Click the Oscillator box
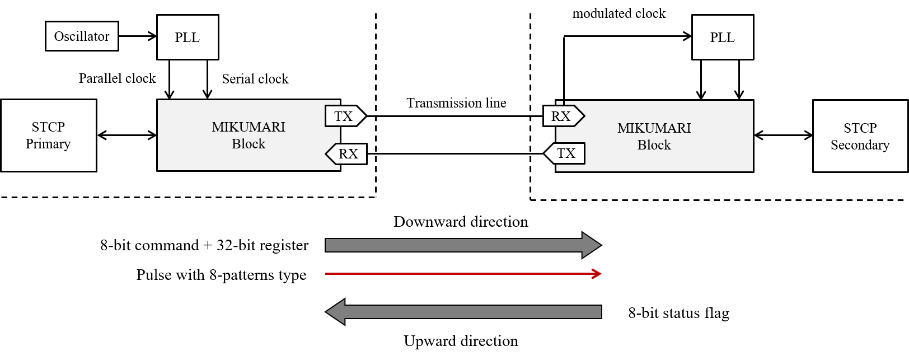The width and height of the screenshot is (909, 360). click(x=82, y=36)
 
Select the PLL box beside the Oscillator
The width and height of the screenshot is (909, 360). click(x=188, y=38)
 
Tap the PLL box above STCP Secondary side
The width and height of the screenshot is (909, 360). click(x=723, y=38)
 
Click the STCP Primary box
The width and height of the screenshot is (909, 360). click(x=49, y=135)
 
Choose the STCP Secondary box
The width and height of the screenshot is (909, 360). click(x=860, y=136)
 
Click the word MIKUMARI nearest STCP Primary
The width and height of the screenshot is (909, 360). click(x=249, y=127)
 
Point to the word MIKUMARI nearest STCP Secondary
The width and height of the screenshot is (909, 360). click(x=654, y=128)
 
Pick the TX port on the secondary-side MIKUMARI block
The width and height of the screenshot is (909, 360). click(x=565, y=153)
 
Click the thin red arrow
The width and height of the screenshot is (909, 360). click(x=459, y=274)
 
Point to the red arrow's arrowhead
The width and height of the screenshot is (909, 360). click(x=597, y=274)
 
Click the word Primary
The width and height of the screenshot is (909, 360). click(x=48, y=144)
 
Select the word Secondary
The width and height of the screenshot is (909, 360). click(x=860, y=145)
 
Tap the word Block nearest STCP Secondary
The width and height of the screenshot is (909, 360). click(x=654, y=145)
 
